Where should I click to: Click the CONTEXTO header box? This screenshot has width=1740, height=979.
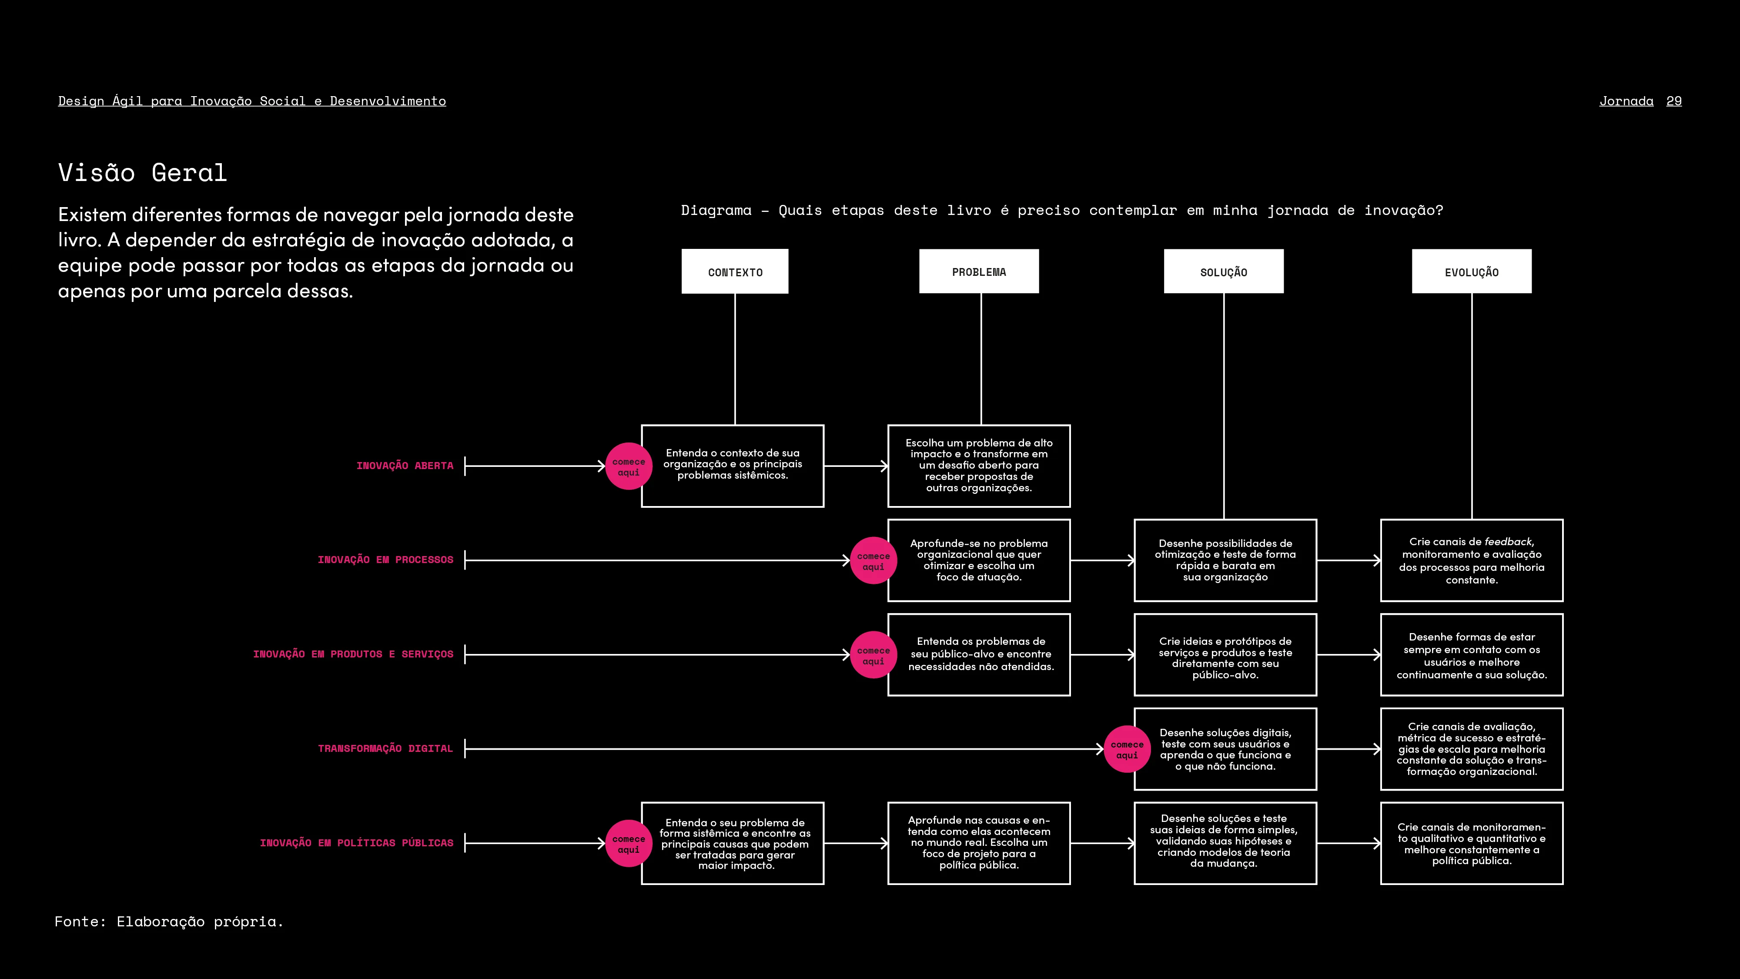point(735,272)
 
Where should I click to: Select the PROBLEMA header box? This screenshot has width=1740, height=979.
point(979,272)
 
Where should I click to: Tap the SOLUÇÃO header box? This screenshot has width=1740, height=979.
point(1223,272)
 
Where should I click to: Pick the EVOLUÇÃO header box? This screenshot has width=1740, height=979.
point(1471,272)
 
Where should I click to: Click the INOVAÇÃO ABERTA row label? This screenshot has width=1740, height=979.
point(405,466)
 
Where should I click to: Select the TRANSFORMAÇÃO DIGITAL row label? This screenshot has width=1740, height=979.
point(385,748)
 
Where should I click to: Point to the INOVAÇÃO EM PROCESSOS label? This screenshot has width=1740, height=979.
point(385,560)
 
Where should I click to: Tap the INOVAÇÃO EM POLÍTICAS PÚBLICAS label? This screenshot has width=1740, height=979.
point(357,842)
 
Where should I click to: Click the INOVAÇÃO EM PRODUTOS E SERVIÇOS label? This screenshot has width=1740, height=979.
point(353,654)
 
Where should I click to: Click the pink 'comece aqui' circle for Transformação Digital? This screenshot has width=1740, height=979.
point(1127,748)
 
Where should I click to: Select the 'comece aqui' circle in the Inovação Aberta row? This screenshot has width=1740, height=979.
point(628,466)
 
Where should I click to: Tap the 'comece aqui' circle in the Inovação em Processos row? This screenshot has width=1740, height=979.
point(873,560)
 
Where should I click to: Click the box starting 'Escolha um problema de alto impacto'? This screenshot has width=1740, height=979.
point(979,466)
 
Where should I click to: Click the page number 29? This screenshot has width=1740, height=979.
point(1674,101)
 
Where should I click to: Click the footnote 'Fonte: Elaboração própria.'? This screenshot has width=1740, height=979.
point(169,922)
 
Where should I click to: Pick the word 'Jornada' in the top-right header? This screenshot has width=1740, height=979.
point(1626,101)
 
